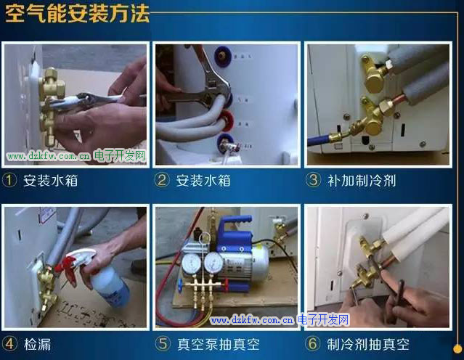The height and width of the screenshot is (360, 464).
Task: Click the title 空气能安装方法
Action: click(x=77, y=13)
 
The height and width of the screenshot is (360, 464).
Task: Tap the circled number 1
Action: click(x=9, y=180)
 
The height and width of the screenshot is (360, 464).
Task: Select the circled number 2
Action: click(x=162, y=180)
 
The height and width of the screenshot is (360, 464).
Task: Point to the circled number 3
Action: click(x=313, y=179)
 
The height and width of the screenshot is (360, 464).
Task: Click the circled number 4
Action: click(x=9, y=344)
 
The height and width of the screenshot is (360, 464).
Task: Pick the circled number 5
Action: click(x=163, y=344)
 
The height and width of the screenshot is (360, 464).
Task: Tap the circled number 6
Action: click(x=313, y=344)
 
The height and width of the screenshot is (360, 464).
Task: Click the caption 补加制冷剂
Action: click(x=362, y=181)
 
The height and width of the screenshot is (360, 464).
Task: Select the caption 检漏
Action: click(x=37, y=345)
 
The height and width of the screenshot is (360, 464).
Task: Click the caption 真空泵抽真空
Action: click(x=219, y=344)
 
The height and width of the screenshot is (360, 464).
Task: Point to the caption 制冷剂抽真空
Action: click(x=368, y=344)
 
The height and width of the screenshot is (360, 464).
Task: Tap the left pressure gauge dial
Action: click(x=191, y=264)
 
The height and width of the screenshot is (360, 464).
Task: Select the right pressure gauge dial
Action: click(x=214, y=263)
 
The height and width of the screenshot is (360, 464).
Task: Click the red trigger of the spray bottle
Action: click(x=69, y=268)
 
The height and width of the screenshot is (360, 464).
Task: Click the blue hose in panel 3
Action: click(x=318, y=140)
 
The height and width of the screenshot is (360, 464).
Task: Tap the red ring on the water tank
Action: click(x=227, y=120)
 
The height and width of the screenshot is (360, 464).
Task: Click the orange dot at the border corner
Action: click(x=457, y=348)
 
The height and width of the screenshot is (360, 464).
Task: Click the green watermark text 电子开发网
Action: click(x=120, y=155)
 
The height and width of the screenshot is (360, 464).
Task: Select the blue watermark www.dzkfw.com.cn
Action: click(x=251, y=320)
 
